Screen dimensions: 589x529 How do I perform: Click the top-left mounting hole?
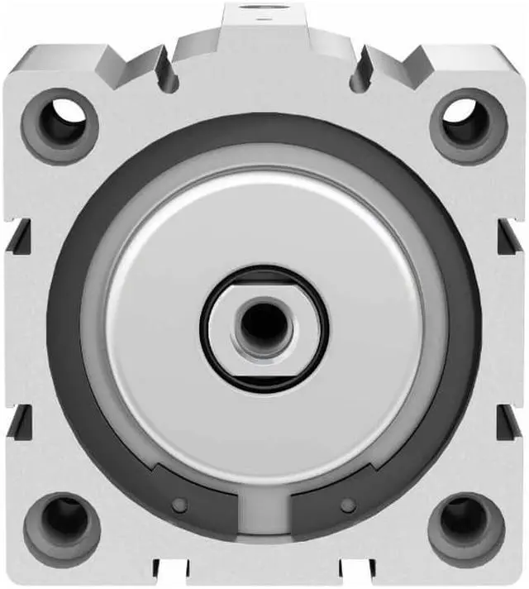click(x=60, y=127)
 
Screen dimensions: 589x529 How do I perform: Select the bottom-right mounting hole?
click(x=467, y=526)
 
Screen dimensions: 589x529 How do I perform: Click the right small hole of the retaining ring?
click(x=349, y=505)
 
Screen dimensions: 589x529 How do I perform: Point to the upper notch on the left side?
click(x=20, y=236)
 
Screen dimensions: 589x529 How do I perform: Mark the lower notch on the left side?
click(x=20, y=422)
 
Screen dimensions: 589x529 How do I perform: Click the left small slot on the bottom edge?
click(x=165, y=573)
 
